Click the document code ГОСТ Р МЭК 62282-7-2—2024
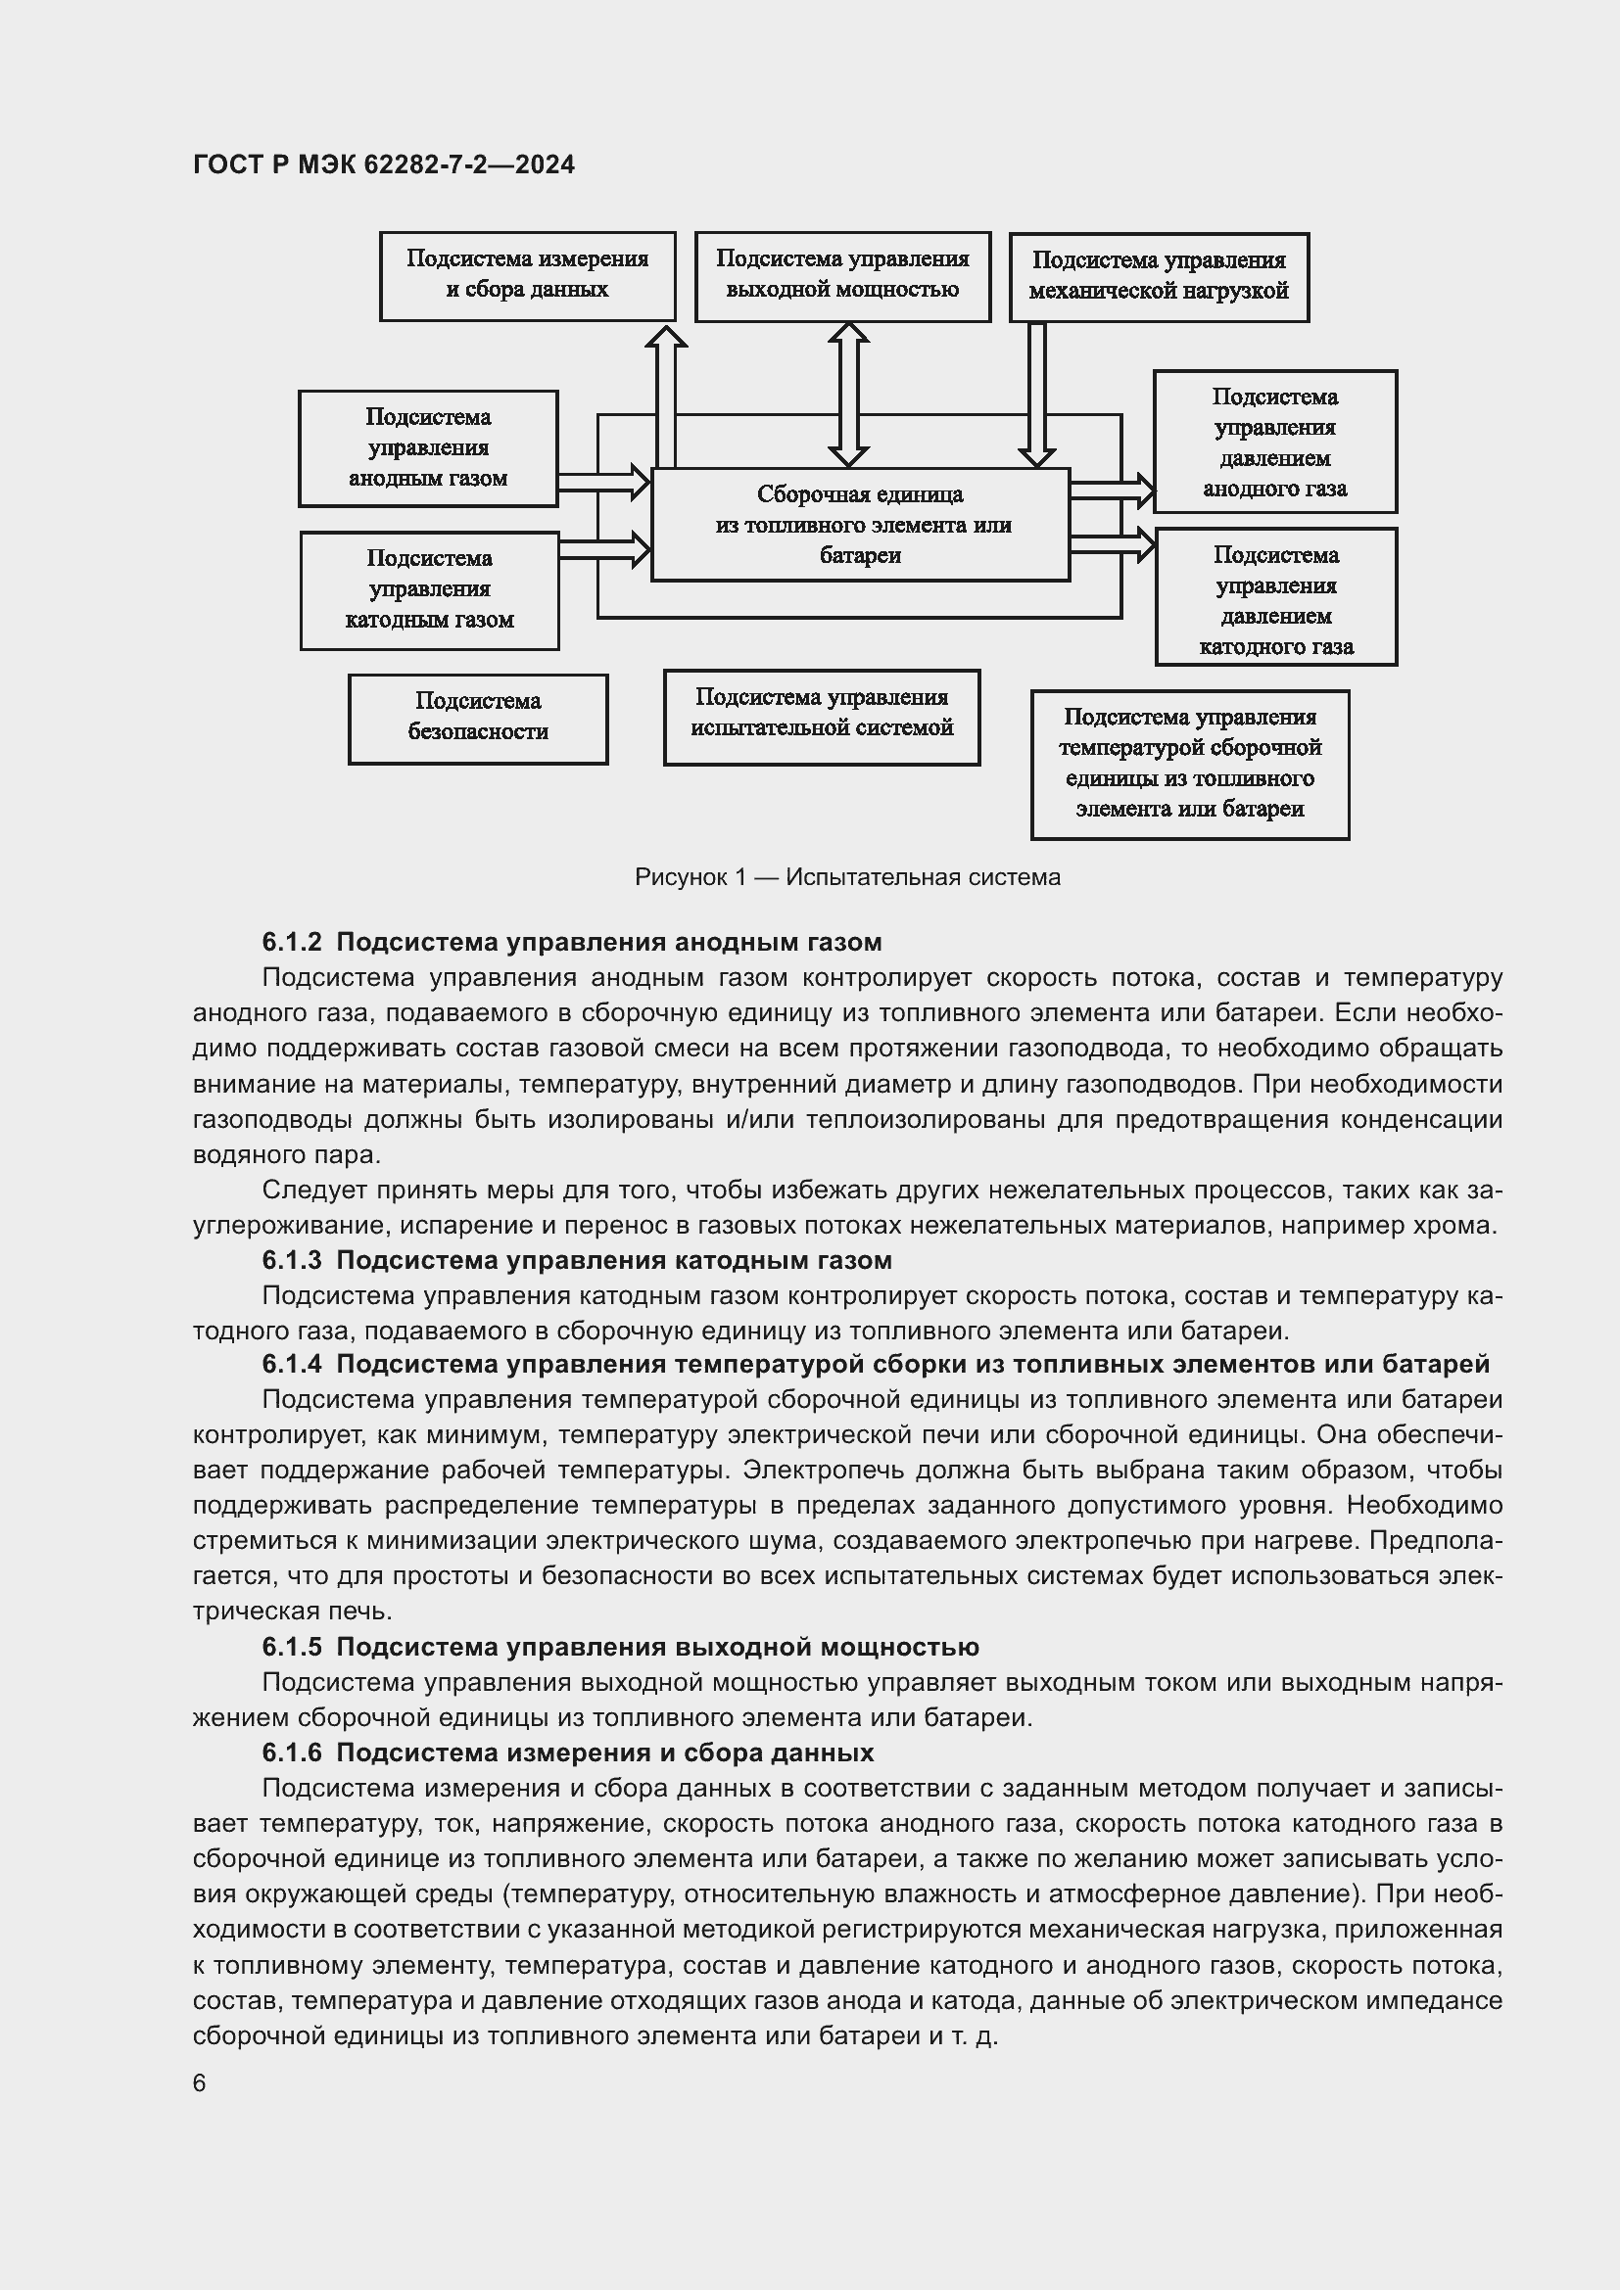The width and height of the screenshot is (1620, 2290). click(x=383, y=164)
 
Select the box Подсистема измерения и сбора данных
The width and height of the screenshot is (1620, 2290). click(x=527, y=275)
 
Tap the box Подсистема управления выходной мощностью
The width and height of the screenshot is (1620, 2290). click(x=842, y=275)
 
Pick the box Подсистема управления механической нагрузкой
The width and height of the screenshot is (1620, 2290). click(x=1158, y=276)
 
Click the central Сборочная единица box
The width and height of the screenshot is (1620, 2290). click(x=860, y=525)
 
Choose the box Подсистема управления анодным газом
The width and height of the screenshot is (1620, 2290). click(x=428, y=447)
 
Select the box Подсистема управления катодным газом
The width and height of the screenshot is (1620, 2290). click(x=429, y=589)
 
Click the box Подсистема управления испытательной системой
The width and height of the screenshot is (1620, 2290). click(x=821, y=716)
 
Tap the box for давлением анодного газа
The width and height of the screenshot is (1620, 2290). click(x=1274, y=442)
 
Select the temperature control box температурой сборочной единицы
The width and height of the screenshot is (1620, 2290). click(x=1189, y=764)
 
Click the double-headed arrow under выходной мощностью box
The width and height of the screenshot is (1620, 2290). click(x=848, y=394)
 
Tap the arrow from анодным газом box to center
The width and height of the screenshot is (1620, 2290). click(x=603, y=482)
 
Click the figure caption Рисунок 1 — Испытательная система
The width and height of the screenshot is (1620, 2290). click(x=847, y=877)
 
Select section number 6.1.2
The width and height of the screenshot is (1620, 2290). click(x=291, y=942)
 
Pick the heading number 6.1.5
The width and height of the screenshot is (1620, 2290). click(x=291, y=1647)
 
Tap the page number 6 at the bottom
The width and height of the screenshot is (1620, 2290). click(x=200, y=2083)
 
